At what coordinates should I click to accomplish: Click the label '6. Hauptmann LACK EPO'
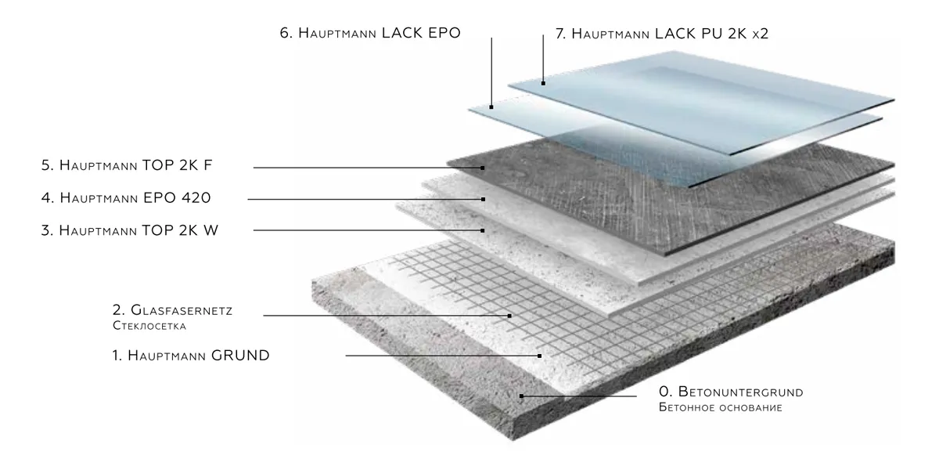coord(370,34)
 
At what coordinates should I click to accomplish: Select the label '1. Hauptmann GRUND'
coord(190,356)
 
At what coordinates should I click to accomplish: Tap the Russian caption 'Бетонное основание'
coord(721,407)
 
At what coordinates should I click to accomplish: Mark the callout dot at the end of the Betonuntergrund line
coord(521,396)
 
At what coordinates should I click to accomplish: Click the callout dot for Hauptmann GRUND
coord(539,356)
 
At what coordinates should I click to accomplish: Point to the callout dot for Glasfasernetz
coord(509,316)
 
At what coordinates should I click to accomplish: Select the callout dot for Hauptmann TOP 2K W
coord(483,230)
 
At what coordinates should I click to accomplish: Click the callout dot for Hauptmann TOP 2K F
coord(484,168)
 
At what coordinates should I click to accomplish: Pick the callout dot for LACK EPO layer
coord(491,107)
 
